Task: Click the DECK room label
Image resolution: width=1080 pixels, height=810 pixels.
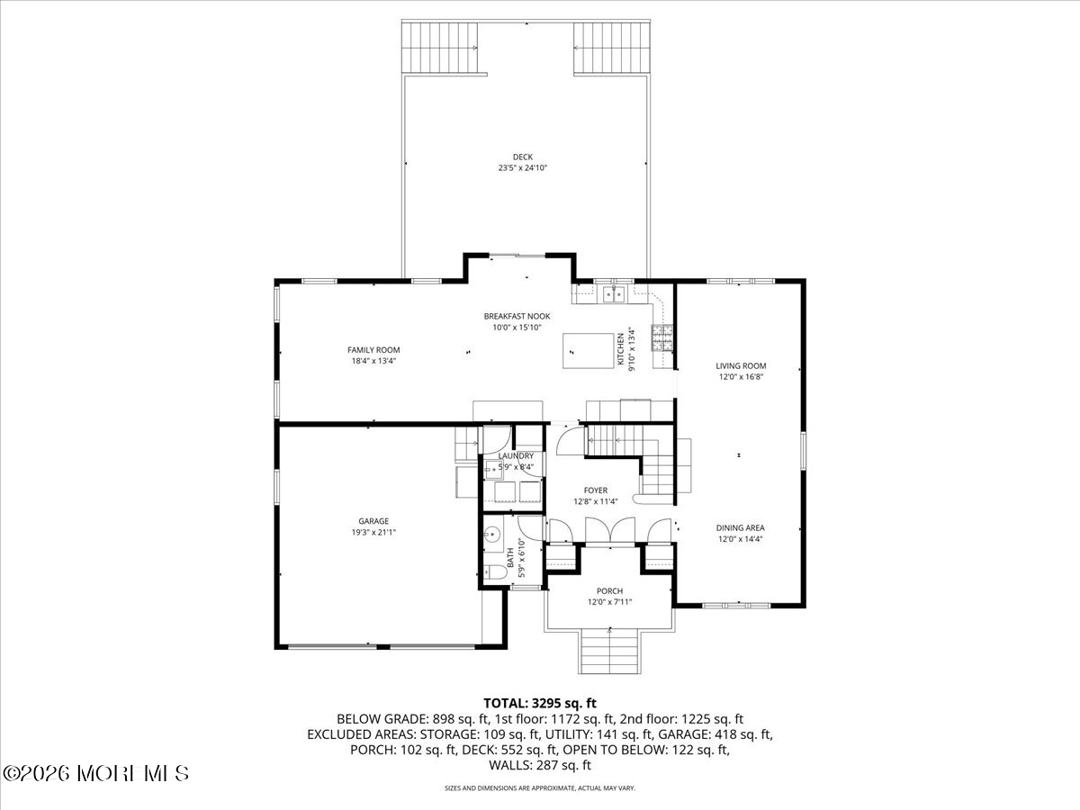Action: coord(523,157)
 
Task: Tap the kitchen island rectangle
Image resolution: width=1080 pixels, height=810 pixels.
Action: coord(582,348)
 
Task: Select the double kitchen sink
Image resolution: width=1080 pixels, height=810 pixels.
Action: coord(615,292)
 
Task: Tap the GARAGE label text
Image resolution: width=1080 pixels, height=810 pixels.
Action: coord(373,521)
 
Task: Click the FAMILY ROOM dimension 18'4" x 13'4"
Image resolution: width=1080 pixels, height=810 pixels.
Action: coord(373,361)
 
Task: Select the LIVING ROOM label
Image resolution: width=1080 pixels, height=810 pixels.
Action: coord(741,365)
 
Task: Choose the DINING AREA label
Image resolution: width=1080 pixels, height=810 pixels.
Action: coord(741,528)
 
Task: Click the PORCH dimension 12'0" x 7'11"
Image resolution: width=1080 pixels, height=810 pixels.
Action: coord(610,602)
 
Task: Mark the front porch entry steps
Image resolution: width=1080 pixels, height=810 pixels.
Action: coord(610,650)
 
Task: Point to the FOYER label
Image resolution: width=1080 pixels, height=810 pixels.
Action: coord(595,490)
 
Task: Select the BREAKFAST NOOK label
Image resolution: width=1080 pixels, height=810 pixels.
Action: coord(517,316)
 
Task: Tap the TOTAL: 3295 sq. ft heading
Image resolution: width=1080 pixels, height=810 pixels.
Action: coord(540,703)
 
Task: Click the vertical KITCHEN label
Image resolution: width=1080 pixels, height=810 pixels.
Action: coord(620,348)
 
